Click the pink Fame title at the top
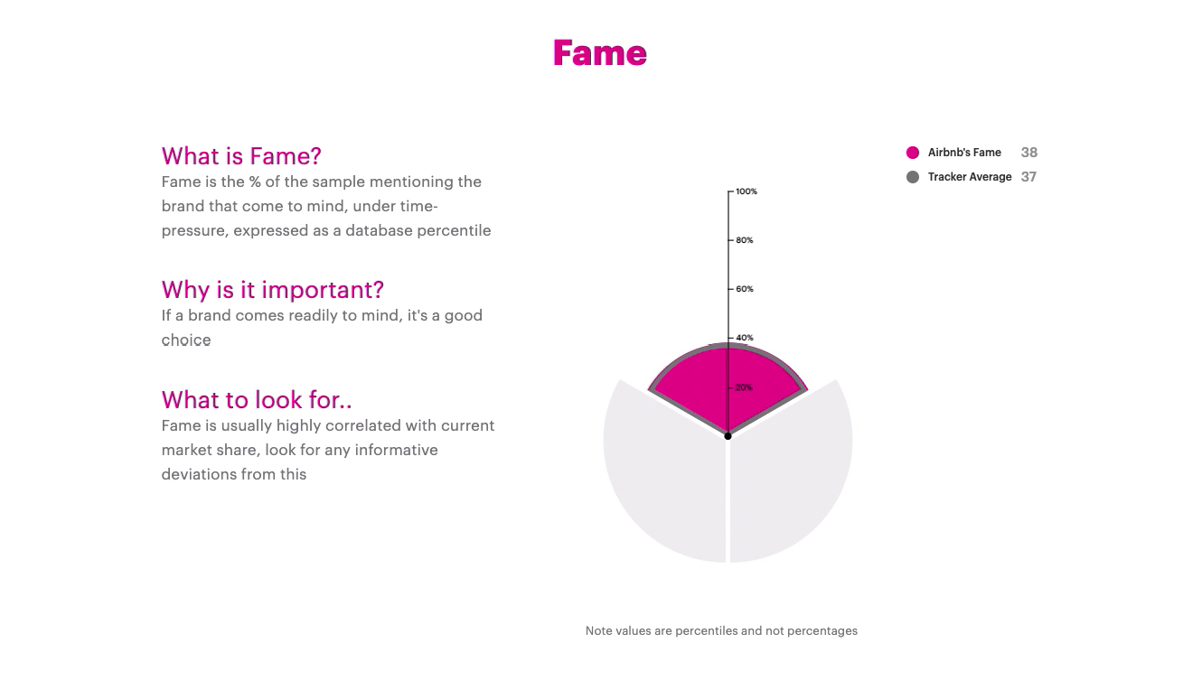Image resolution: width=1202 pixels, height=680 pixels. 600,53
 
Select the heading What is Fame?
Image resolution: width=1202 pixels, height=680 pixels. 241,156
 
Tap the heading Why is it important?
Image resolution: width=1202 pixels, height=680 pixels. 273,290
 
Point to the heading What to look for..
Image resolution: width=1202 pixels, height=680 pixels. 257,400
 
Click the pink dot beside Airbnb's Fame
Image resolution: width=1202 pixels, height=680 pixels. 912,153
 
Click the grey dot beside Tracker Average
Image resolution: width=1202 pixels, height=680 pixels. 912,177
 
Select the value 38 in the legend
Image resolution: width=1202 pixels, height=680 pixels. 1028,153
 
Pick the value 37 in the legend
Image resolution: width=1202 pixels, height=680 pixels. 1028,177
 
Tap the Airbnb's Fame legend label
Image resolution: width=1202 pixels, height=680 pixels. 964,153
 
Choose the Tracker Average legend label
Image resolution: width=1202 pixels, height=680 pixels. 970,177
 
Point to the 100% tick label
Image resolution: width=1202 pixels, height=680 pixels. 747,191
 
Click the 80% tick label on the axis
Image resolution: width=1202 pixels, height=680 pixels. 745,240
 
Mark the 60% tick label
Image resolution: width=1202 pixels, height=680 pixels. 745,289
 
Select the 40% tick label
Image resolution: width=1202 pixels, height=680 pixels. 745,338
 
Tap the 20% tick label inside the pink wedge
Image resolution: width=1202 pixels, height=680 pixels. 744,387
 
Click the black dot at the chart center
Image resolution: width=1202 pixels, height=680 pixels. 728,436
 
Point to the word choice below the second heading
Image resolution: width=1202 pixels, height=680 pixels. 186,340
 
